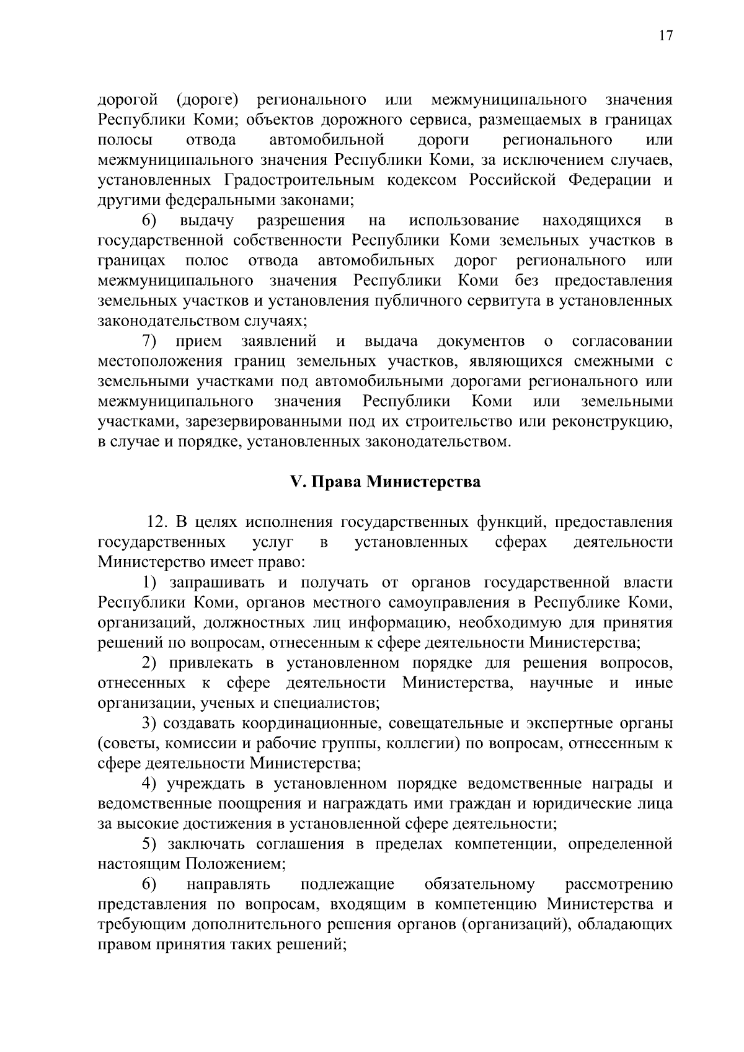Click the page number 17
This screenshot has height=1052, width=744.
point(665,36)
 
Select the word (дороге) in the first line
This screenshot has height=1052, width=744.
point(208,100)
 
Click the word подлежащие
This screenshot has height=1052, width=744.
point(347,883)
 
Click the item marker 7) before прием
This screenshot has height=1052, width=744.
point(149,342)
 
